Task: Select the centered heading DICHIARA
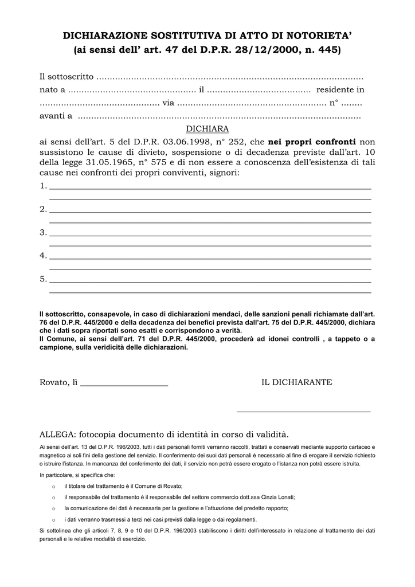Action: [207, 129]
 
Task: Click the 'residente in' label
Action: [340, 90]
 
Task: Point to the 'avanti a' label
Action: [56, 116]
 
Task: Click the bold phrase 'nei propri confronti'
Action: [312, 142]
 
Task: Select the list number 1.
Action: [43, 186]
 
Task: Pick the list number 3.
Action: [43, 233]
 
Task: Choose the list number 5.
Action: [43, 279]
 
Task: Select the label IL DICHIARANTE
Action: [296, 382]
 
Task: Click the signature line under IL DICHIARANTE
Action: [303, 411]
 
